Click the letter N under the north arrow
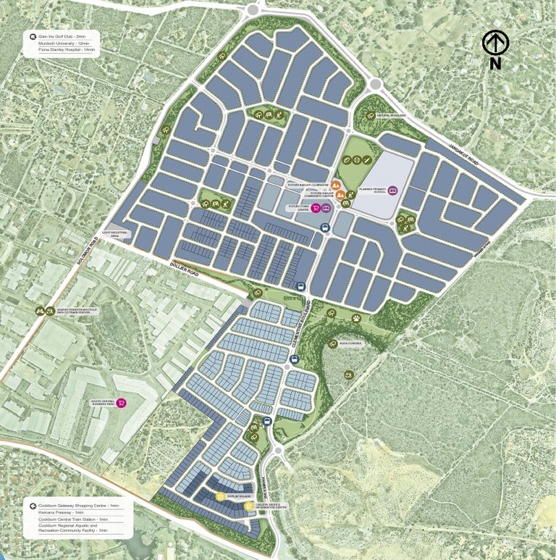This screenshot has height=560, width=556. click(495, 64)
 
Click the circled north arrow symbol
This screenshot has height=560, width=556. click(496, 43)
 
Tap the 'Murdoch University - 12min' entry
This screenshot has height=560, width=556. click(65, 43)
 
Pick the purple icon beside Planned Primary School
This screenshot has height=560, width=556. click(393, 191)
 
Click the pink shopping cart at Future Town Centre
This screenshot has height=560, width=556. click(316, 208)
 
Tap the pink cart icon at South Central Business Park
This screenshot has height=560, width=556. click(121, 404)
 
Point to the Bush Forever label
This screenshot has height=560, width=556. click(350, 344)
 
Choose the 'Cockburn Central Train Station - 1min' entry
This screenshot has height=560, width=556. click(73, 519)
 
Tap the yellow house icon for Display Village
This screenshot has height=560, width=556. click(220, 497)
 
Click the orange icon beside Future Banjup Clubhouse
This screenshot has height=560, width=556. click(335, 185)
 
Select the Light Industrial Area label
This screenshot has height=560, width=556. click(115, 234)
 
